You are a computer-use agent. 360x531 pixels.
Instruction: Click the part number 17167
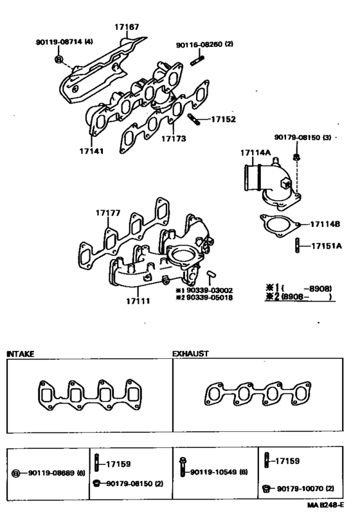point(127,27)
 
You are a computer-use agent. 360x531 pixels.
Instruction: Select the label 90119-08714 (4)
point(64,42)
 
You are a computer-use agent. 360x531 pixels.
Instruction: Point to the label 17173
point(174,138)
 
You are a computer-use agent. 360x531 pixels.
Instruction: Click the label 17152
point(223,120)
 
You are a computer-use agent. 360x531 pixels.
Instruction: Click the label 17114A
point(255,153)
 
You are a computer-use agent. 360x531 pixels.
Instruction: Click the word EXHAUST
point(190,354)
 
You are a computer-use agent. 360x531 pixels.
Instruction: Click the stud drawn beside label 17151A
point(297,246)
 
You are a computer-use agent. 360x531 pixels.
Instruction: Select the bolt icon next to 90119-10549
point(183,471)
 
